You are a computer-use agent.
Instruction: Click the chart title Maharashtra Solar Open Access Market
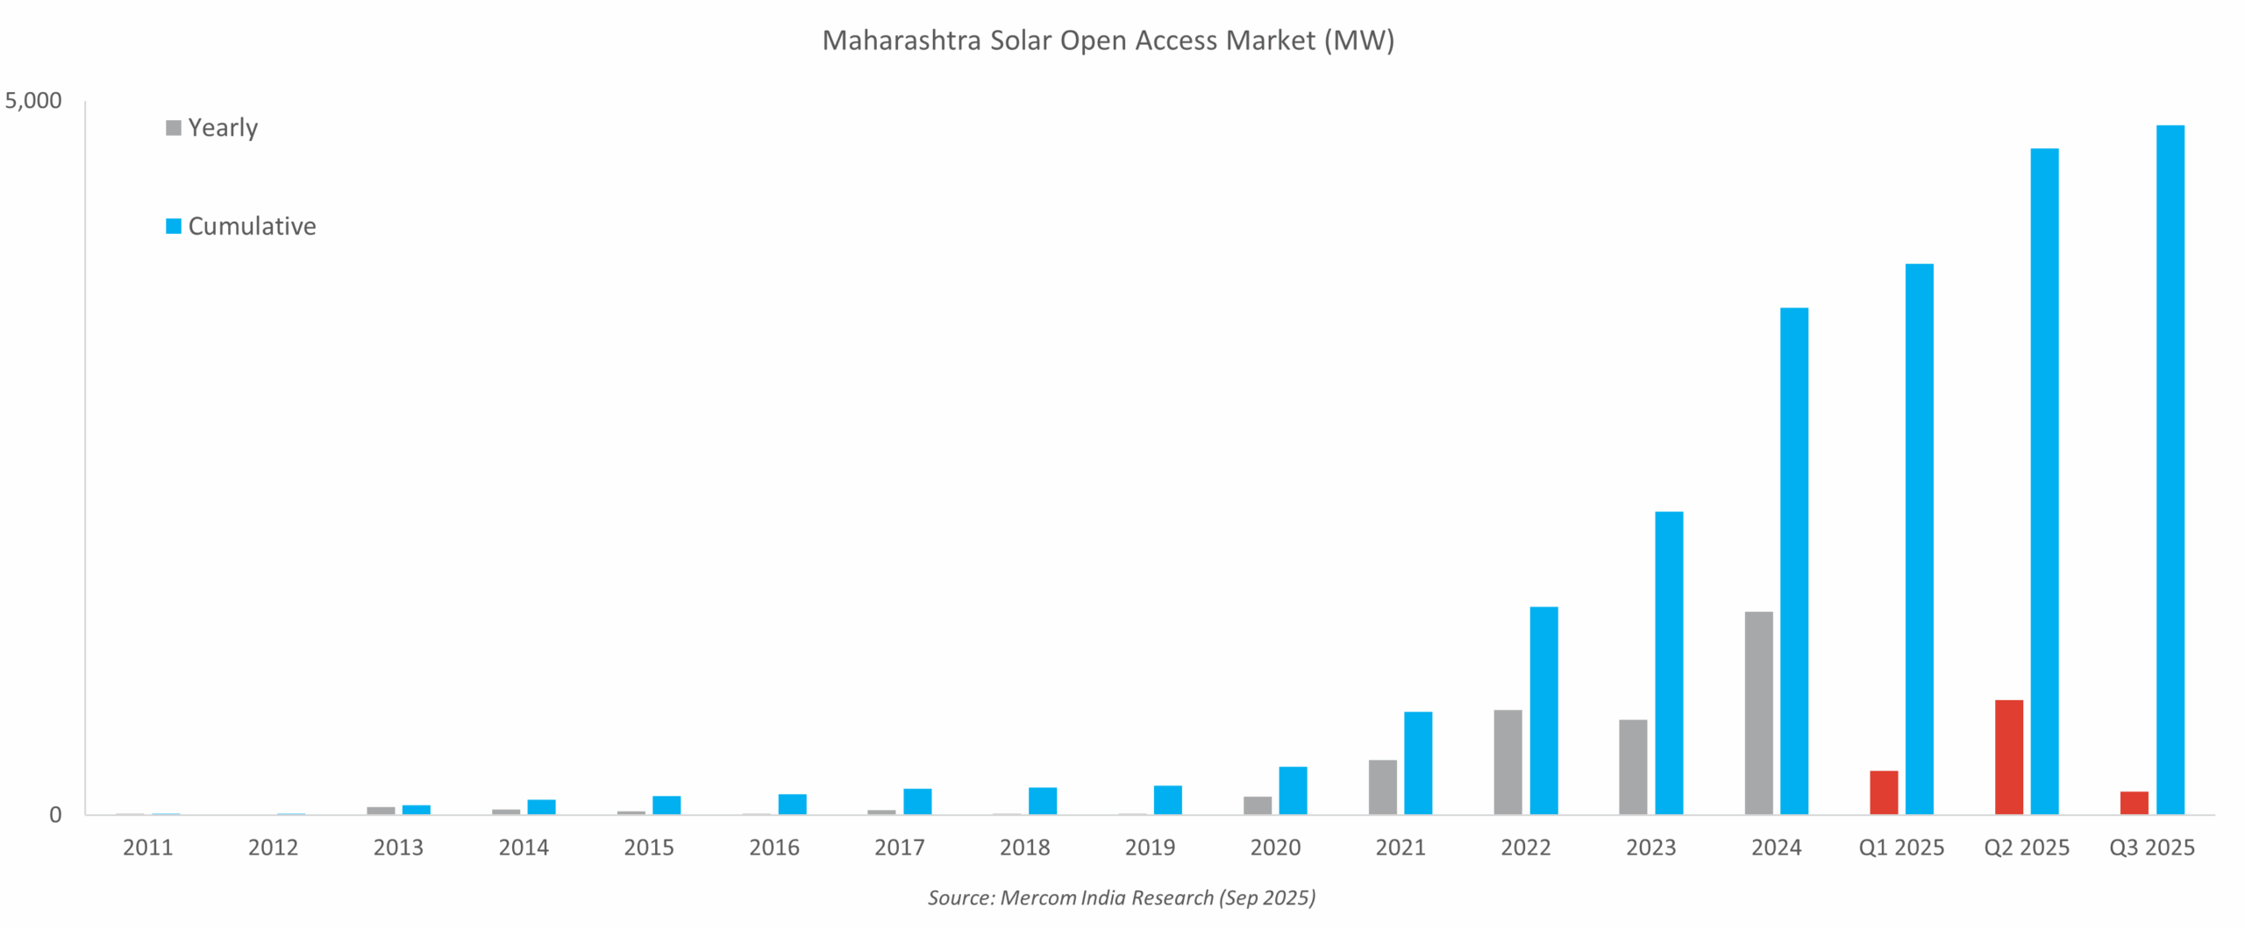pyautogui.click(x=1108, y=40)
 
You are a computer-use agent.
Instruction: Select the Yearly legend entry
pyautogui.click(x=213, y=128)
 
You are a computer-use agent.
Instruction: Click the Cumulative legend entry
pyautogui.click(x=241, y=226)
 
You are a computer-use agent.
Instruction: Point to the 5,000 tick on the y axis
pyautogui.click(x=33, y=101)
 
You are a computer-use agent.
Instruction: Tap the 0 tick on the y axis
pyautogui.click(x=55, y=815)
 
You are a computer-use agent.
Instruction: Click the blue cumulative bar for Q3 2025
pyautogui.click(x=2170, y=469)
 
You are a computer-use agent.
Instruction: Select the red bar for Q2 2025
pyautogui.click(x=2008, y=757)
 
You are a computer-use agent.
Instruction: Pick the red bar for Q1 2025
pyautogui.click(x=1883, y=792)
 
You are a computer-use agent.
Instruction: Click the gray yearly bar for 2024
pyautogui.click(x=1758, y=713)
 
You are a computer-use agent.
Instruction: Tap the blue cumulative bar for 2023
pyautogui.click(x=1668, y=663)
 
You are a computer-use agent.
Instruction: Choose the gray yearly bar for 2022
pyautogui.click(x=1507, y=762)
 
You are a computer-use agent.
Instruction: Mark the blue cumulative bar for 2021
pyautogui.click(x=1417, y=762)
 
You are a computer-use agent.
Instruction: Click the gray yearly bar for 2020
pyautogui.click(x=1257, y=805)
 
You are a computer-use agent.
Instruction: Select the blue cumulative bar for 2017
pyautogui.click(x=917, y=801)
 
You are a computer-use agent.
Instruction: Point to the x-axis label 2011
pyautogui.click(x=147, y=847)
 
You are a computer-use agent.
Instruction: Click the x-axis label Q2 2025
pyautogui.click(x=2026, y=847)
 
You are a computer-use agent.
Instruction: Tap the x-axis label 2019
pyautogui.click(x=1150, y=847)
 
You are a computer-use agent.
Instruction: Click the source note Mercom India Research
pyautogui.click(x=1122, y=897)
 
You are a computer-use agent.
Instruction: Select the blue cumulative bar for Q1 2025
pyautogui.click(x=1919, y=539)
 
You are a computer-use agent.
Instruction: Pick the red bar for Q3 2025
pyautogui.click(x=2134, y=803)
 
